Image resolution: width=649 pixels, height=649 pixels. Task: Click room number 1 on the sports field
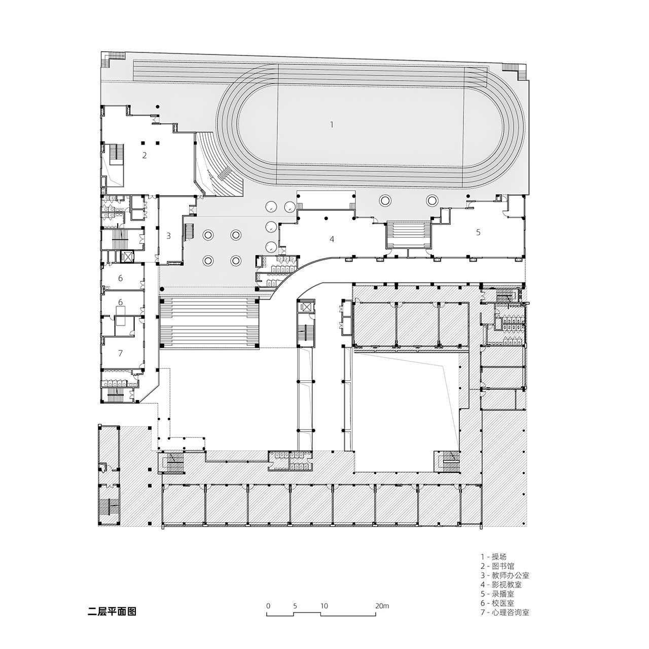click(x=332, y=125)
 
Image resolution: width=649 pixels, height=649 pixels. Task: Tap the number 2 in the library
click(x=145, y=155)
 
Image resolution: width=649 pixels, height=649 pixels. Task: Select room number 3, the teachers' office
click(x=169, y=236)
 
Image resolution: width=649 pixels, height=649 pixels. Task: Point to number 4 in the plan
click(x=332, y=239)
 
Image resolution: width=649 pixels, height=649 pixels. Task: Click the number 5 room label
click(x=478, y=232)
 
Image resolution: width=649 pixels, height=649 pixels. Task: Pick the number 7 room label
click(x=120, y=353)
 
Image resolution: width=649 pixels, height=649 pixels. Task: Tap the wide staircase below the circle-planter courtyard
click(x=209, y=322)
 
